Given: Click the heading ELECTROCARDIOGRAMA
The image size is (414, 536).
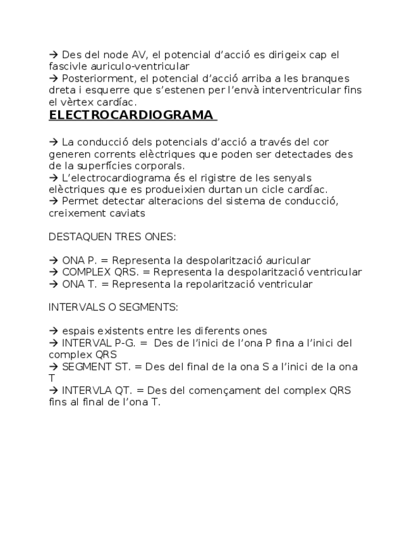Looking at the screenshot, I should click(x=131, y=116).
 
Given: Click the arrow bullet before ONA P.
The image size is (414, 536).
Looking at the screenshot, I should click(x=53, y=260).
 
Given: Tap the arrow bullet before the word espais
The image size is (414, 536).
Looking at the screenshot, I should click(x=53, y=331).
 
